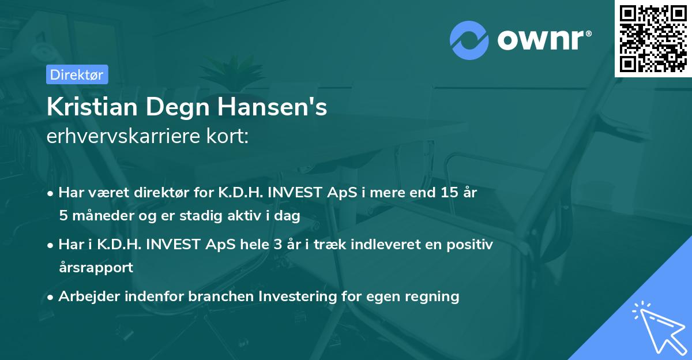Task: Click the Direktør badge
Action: point(77,74)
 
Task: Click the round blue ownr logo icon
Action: point(469,40)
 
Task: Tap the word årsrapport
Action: point(96,267)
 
